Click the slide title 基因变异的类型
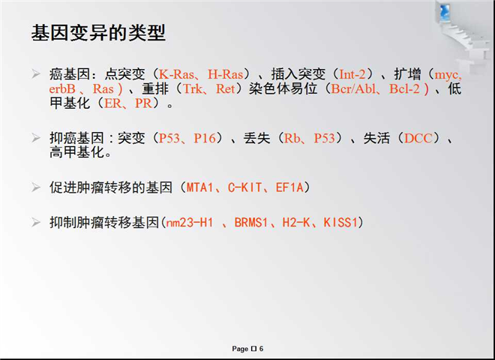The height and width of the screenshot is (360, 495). (x=98, y=32)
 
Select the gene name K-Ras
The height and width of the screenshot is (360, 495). (x=176, y=74)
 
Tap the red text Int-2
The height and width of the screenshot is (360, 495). (x=352, y=74)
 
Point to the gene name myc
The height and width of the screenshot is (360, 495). (x=446, y=75)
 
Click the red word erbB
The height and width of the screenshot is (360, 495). (x=62, y=88)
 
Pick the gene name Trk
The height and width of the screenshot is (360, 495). (x=193, y=88)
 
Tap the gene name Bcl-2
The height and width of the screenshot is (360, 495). (x=404, y=88)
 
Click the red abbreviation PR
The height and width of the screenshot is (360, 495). (x=143, y=103)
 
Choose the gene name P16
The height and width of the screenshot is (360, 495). (x=205, y=138)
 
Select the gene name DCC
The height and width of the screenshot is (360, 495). (x=418, y=138)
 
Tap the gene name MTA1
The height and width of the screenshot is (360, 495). (x=199, y=187)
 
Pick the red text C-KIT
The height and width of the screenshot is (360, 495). (x=245, y=187)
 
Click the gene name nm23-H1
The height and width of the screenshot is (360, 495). (x=190, y=223)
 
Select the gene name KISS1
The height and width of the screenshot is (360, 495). (x=340, y=223)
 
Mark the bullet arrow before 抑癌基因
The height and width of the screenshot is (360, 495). (x=36, y=138)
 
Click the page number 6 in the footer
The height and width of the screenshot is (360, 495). (x=262, y=349)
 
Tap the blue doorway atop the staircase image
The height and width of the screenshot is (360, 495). (x=444, y=12)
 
